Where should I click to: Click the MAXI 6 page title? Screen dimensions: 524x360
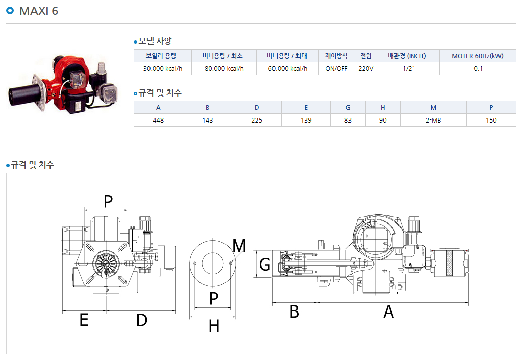click(38, 11)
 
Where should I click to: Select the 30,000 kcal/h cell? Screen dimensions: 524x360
click(163, 68)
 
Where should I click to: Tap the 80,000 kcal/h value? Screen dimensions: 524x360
click(224, 68)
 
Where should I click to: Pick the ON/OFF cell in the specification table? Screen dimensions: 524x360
click(336, 68)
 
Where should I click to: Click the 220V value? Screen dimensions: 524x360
click(366, 68)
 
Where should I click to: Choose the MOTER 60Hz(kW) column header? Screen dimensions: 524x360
click(478, 56)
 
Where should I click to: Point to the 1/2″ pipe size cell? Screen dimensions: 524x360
click(408, 68)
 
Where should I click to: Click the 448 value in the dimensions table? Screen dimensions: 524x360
click(158, 120)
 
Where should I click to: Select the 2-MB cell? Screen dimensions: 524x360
click(433, 120)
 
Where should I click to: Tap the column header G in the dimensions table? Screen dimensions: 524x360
click(348, 107)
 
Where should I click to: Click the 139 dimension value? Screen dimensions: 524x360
click(306, 120)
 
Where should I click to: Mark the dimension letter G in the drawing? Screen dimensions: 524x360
click(265, 265)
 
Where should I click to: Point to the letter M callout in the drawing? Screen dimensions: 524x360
click(239, 246)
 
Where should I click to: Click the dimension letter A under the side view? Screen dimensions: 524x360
click(388, 312)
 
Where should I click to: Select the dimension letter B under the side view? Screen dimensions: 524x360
click(294, 312)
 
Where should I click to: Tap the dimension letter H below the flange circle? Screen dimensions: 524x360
click(214, 326)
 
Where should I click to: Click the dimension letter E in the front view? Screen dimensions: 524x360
click(84, 320)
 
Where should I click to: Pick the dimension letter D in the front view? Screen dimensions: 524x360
click(142, 320)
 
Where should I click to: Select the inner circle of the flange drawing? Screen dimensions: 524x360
click(202, 263)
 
